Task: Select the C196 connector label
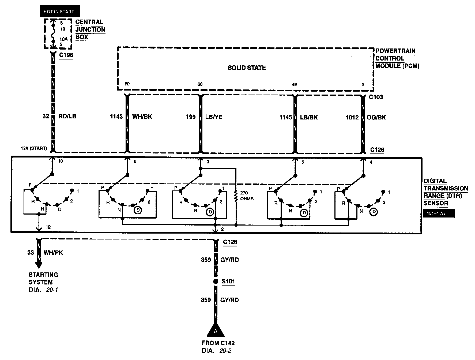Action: tap(66, 55)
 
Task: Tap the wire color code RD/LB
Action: tap(67, 116)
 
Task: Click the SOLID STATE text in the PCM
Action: tap(247, 68)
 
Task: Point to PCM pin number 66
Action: tap(200, 84)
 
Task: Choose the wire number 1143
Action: tap(116, 117)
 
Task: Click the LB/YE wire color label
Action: tap(214, 117)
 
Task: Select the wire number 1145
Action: tap(285, 117)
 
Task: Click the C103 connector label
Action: tap(376, 97)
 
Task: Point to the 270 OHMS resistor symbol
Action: tap(236, 196)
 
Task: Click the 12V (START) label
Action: tap(34, 148)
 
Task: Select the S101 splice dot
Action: tap(216, 282)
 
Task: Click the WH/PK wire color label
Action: tap(53, 253)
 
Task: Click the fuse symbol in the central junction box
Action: tap(54, 34)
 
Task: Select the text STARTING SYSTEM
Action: tap(43, 278)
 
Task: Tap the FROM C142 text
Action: tap(218, 343)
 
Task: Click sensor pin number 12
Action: tap(48, 227)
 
